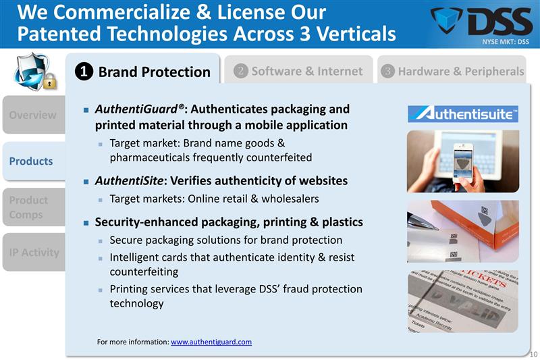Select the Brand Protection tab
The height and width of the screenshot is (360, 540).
[x=145, y=72]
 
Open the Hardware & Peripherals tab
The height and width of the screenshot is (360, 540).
[x=452, y=71]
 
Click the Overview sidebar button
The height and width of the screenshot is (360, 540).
[x=32, y=114]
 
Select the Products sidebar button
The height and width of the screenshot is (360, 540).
[x=32, y=161]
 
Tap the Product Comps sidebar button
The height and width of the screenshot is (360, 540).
[x=32, y=207]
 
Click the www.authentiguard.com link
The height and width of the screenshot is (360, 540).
[x=211, y=342]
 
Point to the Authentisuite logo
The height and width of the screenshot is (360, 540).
[x=463, y=113]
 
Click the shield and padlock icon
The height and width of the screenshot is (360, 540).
[x=32, y=71]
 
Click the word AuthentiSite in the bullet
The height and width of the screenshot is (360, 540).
[x=128, y=180]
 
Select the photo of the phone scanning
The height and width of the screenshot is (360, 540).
[x=463, y=161]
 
